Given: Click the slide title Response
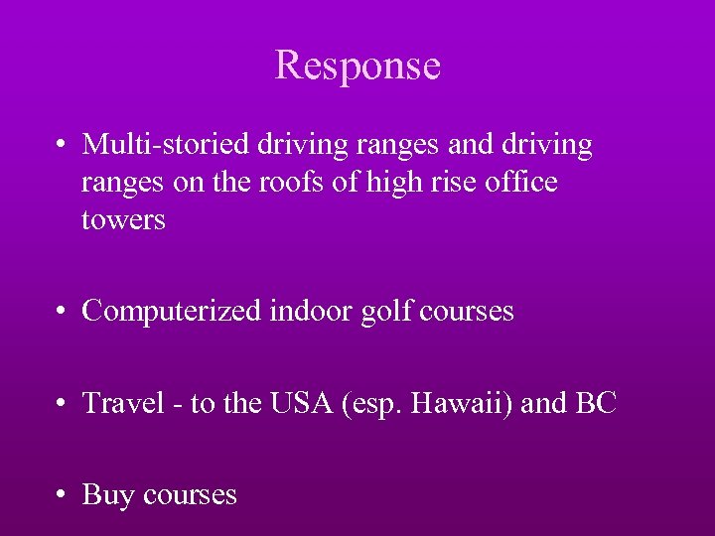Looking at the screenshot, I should pyautogui.click(x=357, y=66).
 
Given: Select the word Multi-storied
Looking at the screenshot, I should pyautogui.click(x=167, y=145).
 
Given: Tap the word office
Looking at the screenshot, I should pyautogui.click(x=522, y=183).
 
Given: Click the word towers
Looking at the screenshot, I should pyautogui.click(x=123, y=220).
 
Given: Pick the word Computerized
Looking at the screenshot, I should pyautogui.click(x=172, y=312).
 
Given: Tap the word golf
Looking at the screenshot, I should pyautogui.click(x=387, y=312).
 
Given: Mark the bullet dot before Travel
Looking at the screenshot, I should pyautogui.click(x=63, y=405).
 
